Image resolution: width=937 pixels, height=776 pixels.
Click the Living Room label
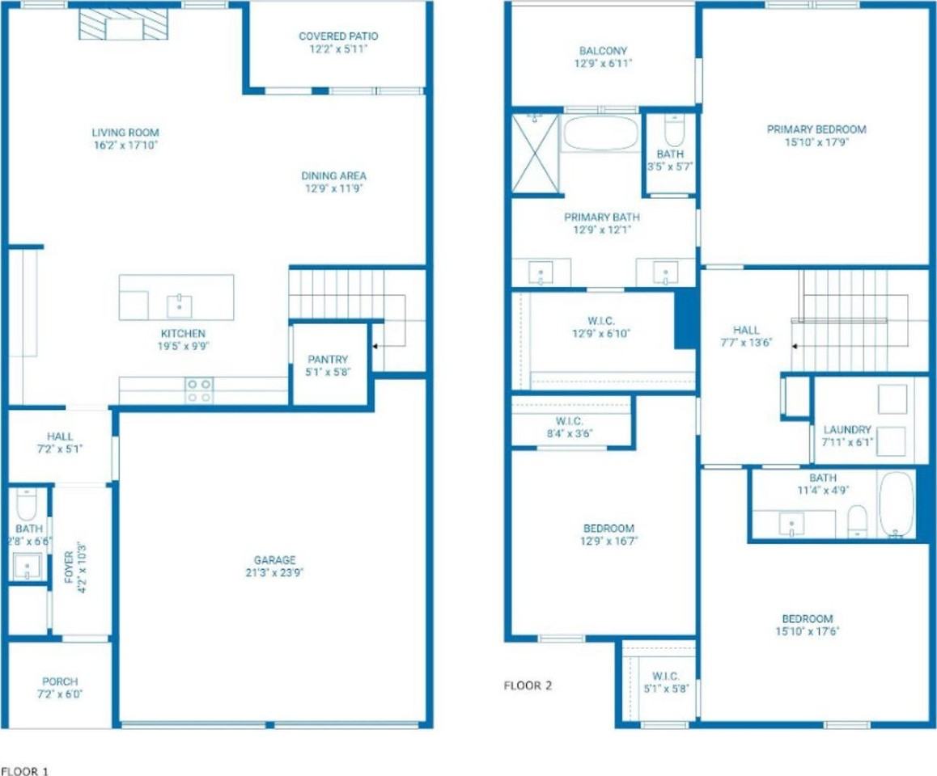click(x=125, y=133)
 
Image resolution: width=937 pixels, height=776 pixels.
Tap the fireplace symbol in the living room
click(x=124, y=24)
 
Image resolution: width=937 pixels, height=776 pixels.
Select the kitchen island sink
click(x=179, y=306)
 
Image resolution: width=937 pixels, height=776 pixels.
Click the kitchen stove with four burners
click(x=199, y=390)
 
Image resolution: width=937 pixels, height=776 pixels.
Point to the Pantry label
click(x=328, y=360)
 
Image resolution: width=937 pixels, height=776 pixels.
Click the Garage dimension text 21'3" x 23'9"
click(x=274, y=572)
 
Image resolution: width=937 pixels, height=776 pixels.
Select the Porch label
click(x=60, y=681)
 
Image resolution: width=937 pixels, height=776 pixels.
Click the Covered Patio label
click(x=338, y=36)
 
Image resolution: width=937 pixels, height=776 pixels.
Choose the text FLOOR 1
click(x=24, y=771)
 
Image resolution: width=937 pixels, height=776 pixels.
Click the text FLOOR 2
click(x=528, y=685)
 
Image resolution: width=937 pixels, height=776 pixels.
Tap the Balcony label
click(x=603, y=51)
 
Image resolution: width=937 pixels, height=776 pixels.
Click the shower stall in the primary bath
click(x=536, y=154)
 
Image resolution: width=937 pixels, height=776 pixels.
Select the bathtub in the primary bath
click(x=600, y=133)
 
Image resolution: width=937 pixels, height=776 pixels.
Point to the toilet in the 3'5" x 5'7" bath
click(x=673, y=129)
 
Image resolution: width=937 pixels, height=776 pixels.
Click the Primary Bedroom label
click(x=816, y=129)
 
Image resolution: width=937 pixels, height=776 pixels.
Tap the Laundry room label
click(x=847, y=429)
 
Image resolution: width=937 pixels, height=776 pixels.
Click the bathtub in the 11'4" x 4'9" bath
click(x=896, y=504)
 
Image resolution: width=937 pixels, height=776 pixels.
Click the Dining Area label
click(x=333, y=175)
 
